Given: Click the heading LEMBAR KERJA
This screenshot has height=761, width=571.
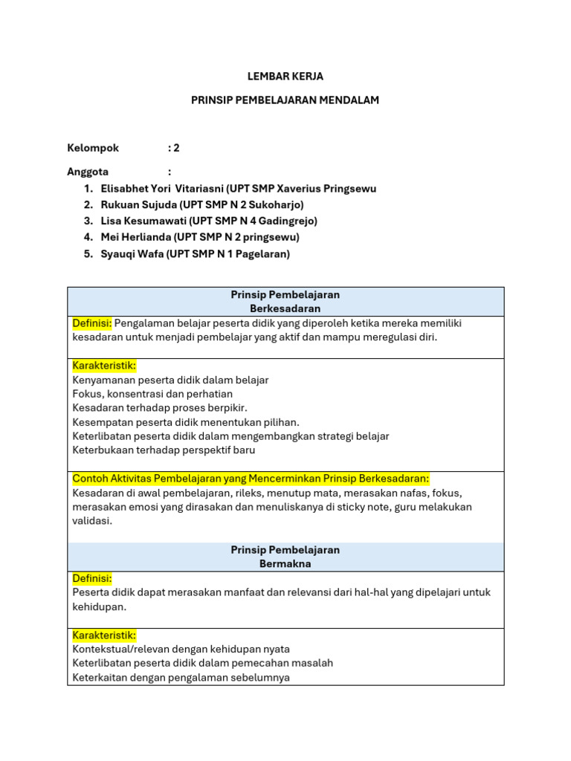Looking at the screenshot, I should (285, 77).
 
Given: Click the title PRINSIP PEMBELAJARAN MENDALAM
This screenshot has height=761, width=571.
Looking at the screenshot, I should (285, 100).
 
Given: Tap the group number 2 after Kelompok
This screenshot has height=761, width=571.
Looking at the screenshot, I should (176, 148).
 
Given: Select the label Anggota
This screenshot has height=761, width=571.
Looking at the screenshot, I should (88, 172).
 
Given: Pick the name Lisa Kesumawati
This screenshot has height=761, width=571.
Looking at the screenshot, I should (143, 221).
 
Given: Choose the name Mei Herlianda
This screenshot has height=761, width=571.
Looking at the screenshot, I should (136, 237).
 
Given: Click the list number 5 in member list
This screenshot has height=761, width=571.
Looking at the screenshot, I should (88, 253).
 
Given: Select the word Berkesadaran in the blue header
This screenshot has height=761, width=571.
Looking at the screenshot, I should (285, 308).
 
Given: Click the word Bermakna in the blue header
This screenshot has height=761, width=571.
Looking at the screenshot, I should (285, 564).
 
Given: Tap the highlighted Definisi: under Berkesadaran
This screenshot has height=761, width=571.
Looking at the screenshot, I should (92, 323).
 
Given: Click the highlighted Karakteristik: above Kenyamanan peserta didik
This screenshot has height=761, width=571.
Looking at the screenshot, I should (104, 366).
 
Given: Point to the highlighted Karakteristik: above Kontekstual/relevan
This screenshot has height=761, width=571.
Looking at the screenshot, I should (104, 635).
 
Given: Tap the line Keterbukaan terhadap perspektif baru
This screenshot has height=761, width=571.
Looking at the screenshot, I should (164, 450).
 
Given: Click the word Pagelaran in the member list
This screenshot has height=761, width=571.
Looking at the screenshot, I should (262, 253).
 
